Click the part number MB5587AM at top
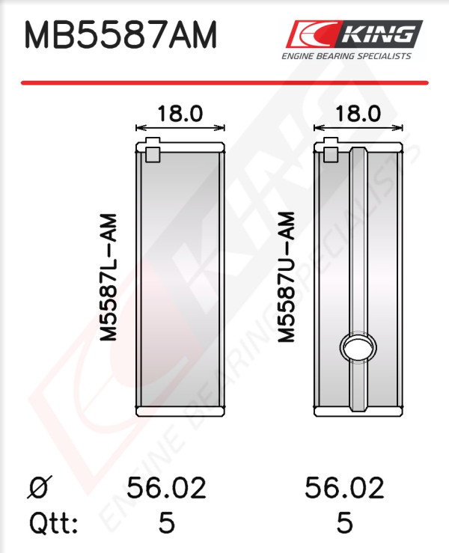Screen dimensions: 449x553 click(120, 35)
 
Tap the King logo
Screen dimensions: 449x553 click(354, 34)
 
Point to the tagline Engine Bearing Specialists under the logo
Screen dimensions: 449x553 click(346, 56)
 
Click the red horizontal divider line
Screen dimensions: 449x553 click(224, 83)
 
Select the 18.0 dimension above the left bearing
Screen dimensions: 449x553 click(180, 114)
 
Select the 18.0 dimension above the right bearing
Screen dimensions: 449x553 click(358, 114)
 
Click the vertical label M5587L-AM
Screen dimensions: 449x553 click(109, 277)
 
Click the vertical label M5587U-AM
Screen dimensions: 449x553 click(286, 277)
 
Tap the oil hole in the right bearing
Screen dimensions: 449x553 click(358, 346)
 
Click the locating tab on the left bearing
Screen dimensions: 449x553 click(153, 150)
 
